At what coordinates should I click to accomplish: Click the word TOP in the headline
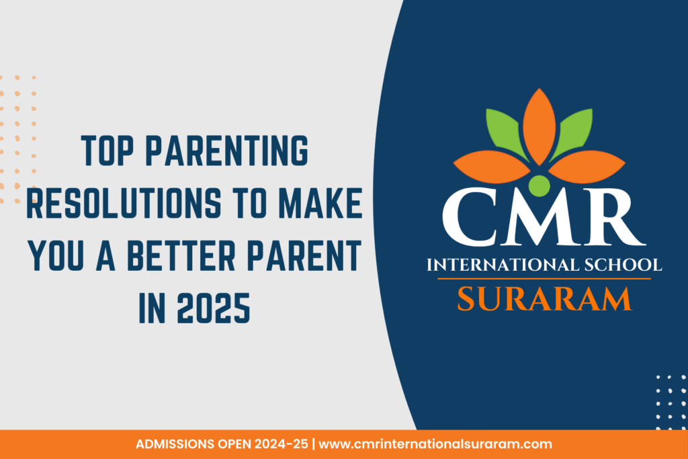tap(107, 151)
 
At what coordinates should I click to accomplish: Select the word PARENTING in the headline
tap(227, 151)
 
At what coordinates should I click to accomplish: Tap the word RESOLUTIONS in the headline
tap(124, 202)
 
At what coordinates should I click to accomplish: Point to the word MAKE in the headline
tap(320, 202)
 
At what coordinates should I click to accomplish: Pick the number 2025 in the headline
tap(213, 308)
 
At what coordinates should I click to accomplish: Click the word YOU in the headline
tap(55, 255)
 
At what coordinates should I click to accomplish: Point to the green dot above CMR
tap(540, 185)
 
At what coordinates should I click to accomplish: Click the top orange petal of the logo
tap(540, 127)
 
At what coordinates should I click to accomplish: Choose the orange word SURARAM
tap(544, 299)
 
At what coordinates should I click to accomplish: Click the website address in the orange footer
tap(435, 444)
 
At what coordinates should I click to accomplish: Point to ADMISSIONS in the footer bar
tap(175, 444)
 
